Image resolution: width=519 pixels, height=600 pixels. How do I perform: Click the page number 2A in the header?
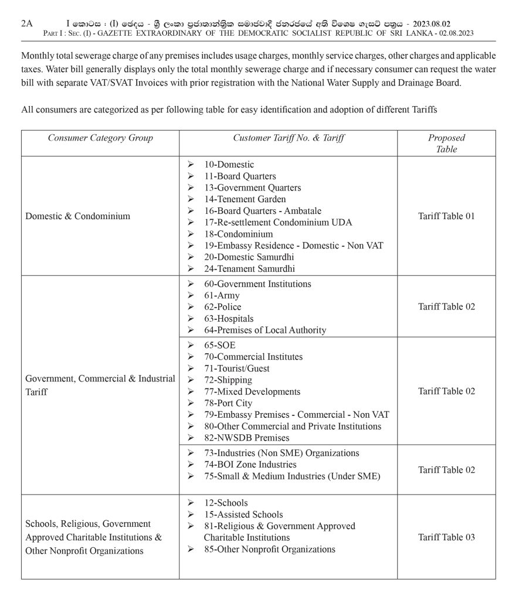pos(27,23)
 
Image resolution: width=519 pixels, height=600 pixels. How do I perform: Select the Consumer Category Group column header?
pos(100,138)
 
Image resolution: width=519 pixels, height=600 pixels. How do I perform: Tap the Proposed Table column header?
pos(446,144)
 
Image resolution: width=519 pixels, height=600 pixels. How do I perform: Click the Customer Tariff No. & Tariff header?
pos(289,138)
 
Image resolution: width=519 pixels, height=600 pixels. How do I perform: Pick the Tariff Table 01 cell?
pos(446,216)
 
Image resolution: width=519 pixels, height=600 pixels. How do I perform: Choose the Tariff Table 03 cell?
pos(446,537)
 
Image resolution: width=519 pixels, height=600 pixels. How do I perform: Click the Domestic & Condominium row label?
pos(78,216)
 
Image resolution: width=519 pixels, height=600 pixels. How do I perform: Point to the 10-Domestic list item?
pos(229,165)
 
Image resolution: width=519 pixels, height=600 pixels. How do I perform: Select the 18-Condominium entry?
pos(239,234)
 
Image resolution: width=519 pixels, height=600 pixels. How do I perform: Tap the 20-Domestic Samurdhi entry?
pos(249,257)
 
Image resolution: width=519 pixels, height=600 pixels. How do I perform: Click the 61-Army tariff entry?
pos(222,295)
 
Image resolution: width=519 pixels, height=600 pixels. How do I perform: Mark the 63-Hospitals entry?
pos(229,319)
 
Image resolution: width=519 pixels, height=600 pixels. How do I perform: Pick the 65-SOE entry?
pos(220,345)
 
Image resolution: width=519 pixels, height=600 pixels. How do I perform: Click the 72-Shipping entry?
pos(228,380)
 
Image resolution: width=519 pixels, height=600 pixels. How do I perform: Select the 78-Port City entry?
pos(228,403)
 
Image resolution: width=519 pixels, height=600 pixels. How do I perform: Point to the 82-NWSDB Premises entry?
pos(247,438)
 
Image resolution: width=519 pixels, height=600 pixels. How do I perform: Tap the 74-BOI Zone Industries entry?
pos(250,465)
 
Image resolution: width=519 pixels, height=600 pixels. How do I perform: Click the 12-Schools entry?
pos(226,503)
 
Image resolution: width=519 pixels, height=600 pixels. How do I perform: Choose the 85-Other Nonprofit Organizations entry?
pos(270,549)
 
